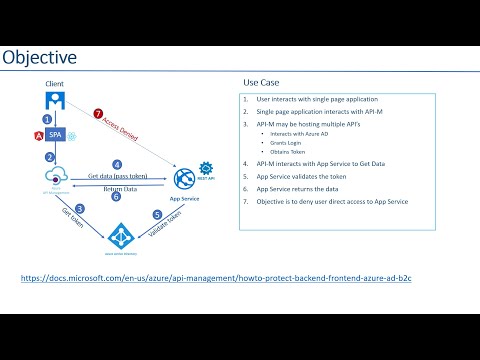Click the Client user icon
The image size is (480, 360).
click(55, 100)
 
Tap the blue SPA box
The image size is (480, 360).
click(56, 135)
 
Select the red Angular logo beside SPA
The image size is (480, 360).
click(38, 135)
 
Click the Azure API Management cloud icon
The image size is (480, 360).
click(55, 176)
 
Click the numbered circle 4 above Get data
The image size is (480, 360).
click(117, 164)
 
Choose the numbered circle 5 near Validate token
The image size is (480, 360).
click(156, 214)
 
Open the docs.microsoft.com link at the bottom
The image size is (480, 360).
click(216, 276)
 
